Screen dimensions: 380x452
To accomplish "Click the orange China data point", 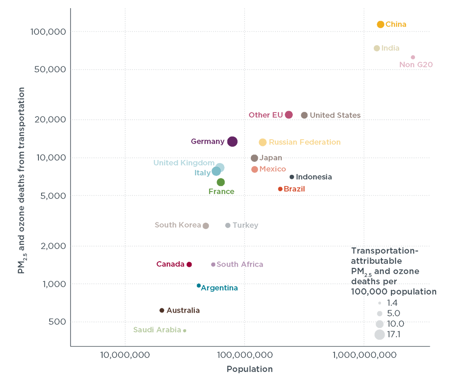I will coord(381,24).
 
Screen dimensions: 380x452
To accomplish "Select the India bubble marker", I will coord(377,48).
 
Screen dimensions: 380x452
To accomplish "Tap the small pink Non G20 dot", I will coord(413,57).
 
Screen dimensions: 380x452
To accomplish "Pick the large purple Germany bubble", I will coord(232,141).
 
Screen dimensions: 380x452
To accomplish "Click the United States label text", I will coord(335,115).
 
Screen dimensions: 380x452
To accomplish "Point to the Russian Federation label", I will coord(305,142).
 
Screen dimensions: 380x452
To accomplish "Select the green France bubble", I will coord(221,182).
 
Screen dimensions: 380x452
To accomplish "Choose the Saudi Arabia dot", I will coord(184,331).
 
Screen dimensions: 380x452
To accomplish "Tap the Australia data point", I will coord(162,310).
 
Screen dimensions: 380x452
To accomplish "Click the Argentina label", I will coord(219,288).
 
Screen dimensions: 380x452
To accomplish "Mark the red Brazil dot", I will coord(280,189).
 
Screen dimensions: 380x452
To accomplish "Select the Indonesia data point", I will coord(292,177).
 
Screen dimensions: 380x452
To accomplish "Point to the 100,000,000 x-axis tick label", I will coord(245,355).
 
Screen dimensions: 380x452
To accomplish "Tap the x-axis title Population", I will coord(250,369).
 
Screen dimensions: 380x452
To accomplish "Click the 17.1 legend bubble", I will coord(380,335).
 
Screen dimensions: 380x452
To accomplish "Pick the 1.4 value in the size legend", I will coord(392,303).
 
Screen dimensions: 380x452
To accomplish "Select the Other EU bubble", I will coord(289,115).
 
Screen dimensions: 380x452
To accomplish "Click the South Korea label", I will coord(178,225).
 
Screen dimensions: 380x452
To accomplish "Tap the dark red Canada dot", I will coord(189,264).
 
